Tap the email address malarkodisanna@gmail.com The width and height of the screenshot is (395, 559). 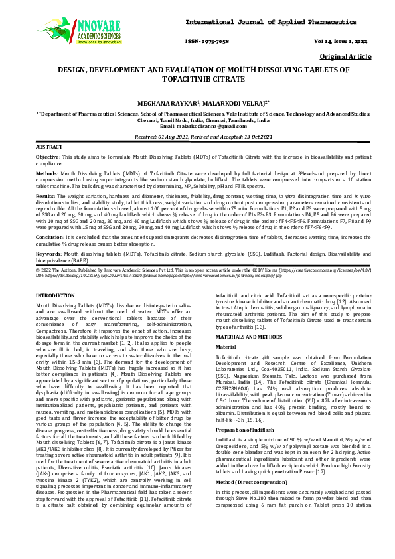click(208, 126)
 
